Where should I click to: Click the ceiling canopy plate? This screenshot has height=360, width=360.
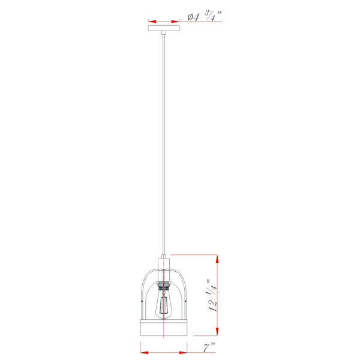[164, 28]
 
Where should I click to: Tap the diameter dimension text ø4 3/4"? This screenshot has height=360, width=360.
[205, 16]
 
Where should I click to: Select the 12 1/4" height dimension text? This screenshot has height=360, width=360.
[212, 295]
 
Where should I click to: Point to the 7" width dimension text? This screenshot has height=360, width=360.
[209, 347]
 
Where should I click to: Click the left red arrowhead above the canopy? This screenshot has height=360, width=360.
[152, 22]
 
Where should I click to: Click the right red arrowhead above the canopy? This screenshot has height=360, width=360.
[176, 22]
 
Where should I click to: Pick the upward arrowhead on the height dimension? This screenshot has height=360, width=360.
[217, 259]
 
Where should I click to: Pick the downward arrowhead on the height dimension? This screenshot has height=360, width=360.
[217, 332]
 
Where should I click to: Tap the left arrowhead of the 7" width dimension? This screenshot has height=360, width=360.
[145, 352]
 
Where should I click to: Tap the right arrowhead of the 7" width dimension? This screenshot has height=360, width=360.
[183, 352]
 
